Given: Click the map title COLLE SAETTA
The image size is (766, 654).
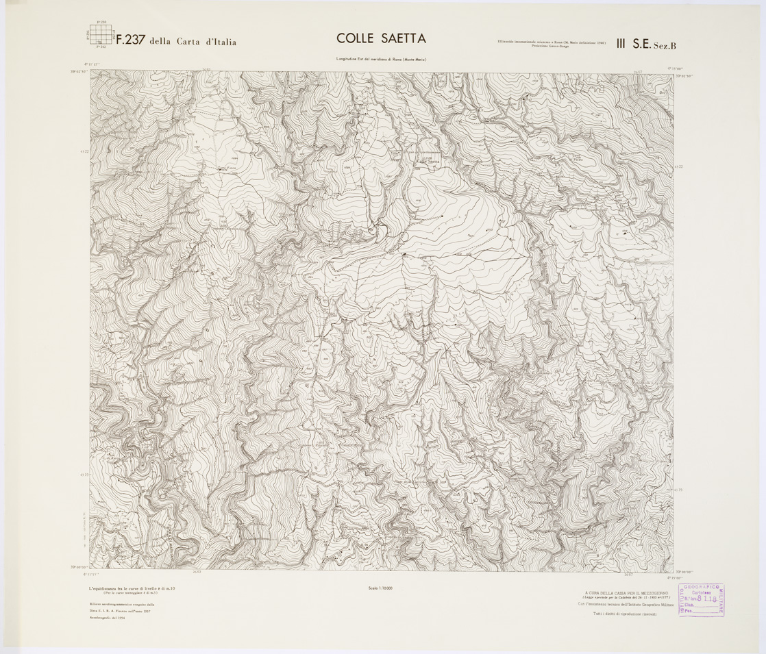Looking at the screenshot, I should pyautogui.click(x=382, y=39).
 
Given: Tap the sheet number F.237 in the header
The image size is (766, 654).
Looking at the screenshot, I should pyautogui.click(x=129, y=40).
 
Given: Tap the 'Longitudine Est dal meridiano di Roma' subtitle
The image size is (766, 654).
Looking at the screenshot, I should pyautogui.click(x=382, y=60).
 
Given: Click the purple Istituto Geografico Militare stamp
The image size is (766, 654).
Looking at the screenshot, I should pyautogui.click(x=702, y=600).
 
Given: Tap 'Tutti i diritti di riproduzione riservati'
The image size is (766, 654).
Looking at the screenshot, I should pyautogui.click(x=626, y=614).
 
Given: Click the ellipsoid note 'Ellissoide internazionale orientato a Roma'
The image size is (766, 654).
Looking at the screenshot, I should pyautogui.click(x=552, y=42).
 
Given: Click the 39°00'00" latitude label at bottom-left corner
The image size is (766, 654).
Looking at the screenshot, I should pyautogui.click(x=81, y=568).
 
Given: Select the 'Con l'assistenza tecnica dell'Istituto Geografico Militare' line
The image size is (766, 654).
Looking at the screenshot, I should pyautogui.click(x=626, y=606).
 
